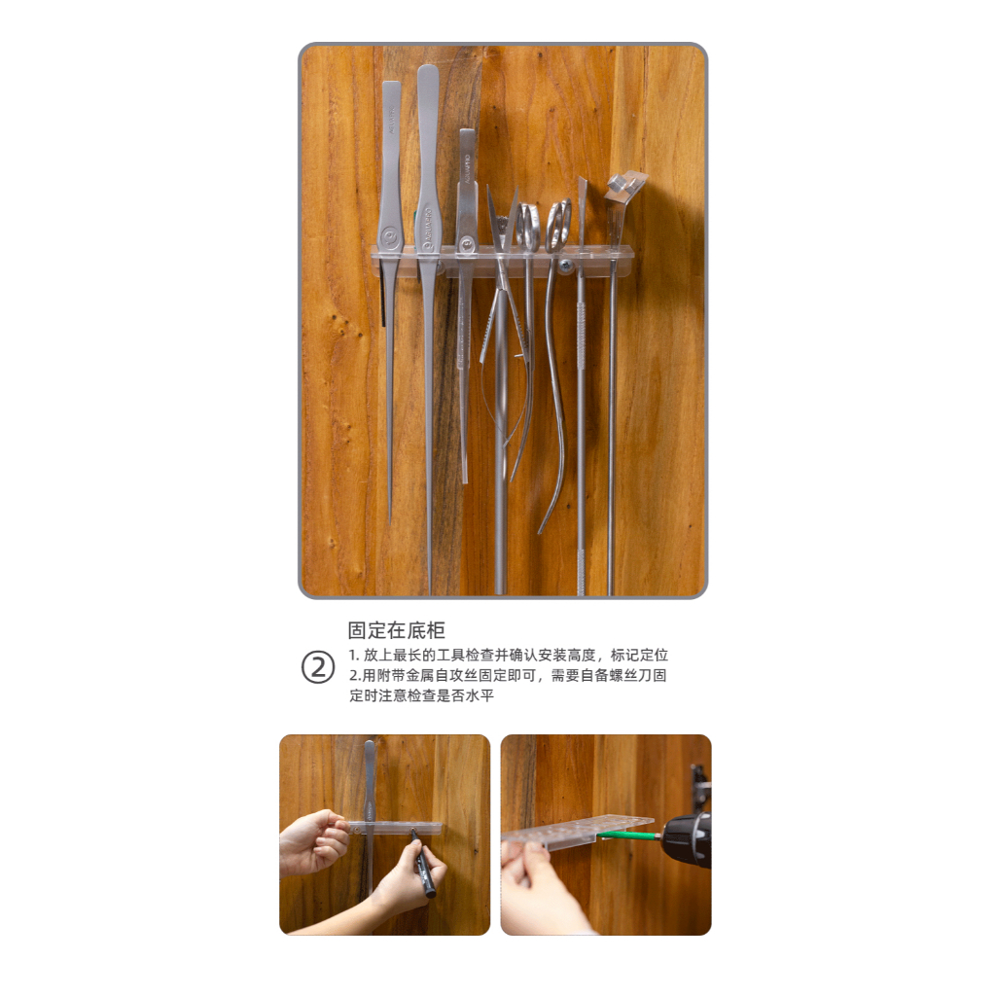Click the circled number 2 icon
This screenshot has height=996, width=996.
(317, 668)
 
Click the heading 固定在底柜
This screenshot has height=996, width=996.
(396, 630)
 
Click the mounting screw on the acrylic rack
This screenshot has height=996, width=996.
(564, 264)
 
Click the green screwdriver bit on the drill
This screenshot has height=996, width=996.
(636, 835)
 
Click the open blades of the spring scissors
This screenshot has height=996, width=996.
(503, 219)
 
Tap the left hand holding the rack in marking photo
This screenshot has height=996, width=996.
(312, 841)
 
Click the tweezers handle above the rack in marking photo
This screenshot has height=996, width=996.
(370, 778)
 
